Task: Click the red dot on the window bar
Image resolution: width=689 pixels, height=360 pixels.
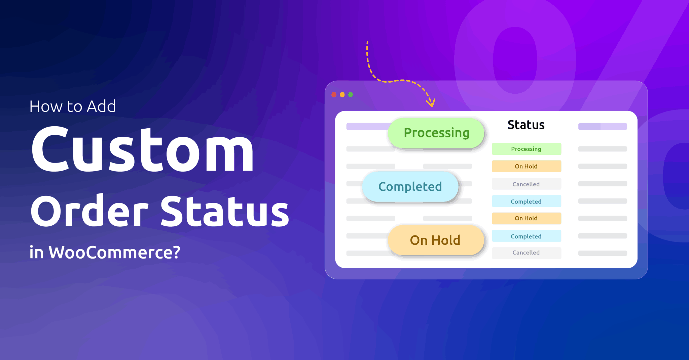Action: (x=334, y=95)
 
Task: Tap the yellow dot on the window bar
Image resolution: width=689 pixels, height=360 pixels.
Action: (x=342, y=95)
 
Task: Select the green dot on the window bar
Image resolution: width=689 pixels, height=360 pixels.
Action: (x=351, y=95)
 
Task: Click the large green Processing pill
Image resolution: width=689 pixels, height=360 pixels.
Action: (x=436, y=133)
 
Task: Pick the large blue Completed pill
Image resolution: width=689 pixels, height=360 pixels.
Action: (x=410, y=187)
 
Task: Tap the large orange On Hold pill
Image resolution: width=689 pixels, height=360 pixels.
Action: (x=435, y=240)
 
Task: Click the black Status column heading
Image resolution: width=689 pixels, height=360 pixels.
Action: (x=526, y=125)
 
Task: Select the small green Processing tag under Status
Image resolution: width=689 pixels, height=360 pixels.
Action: (x=526, y=149)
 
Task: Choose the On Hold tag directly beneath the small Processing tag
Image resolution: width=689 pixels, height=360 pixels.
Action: (x=526, y=166)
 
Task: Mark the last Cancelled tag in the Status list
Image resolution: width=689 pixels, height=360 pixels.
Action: (x=526, y=253)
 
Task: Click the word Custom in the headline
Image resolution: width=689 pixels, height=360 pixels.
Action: (x=142, y=149)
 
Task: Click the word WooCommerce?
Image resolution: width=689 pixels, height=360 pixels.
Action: (x=115, y=253)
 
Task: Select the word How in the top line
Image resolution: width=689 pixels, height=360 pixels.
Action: (x=46, y=107)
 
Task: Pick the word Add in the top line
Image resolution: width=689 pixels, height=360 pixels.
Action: (x=101, y=107)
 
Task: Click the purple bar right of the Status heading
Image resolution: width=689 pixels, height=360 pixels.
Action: (x=602, y=127)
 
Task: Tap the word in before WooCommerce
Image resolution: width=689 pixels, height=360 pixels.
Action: (x=37, y=253)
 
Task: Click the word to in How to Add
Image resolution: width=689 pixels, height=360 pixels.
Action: (x=75, y=107)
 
